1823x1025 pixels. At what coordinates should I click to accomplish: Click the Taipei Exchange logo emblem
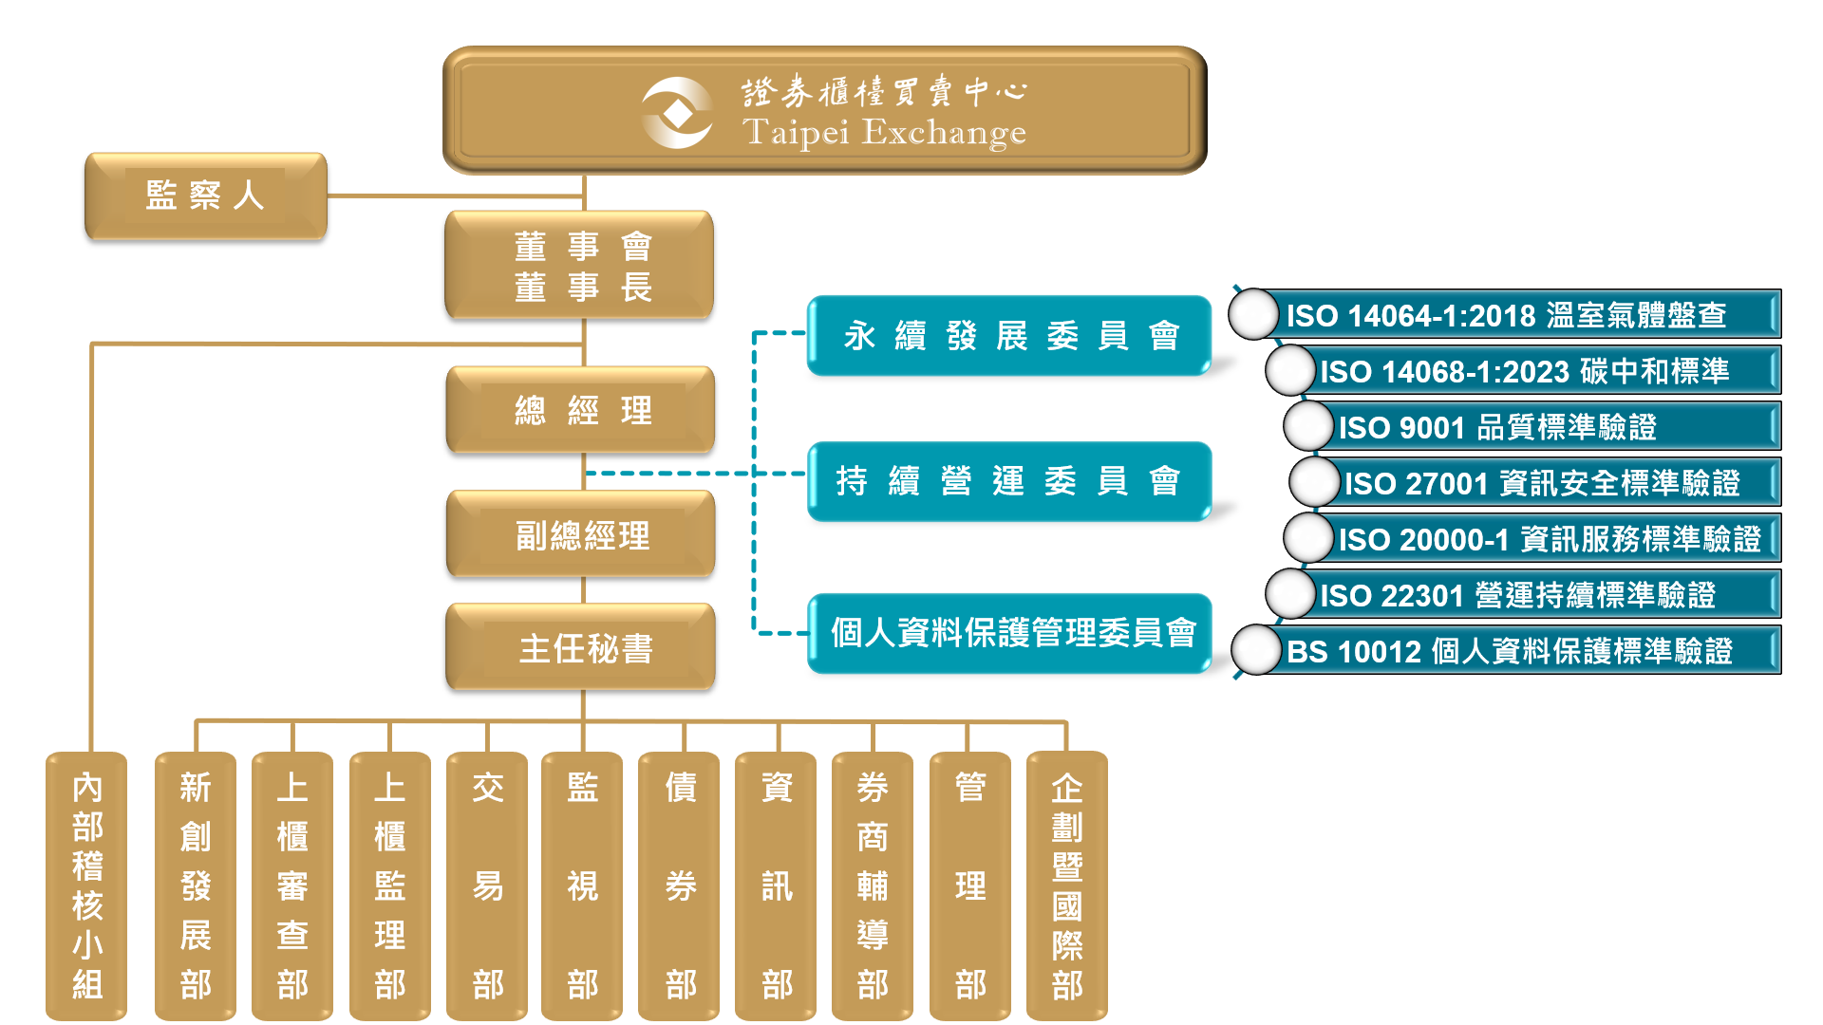point(677,113)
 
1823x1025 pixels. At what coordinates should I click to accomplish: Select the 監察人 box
point(205,196)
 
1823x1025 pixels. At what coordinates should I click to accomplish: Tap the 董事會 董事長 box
point(580,266)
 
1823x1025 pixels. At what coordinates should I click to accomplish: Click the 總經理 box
point(580,410)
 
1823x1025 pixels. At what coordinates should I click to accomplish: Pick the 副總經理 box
point(580,534)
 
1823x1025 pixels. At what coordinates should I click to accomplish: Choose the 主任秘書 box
point(580,647)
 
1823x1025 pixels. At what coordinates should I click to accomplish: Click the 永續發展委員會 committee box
point(1009,335)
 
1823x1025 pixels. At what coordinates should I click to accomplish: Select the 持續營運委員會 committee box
point(1009,481)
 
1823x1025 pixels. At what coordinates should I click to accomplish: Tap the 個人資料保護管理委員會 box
point(1009,633)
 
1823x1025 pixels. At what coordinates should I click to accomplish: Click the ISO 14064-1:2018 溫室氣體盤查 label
point(1507,315)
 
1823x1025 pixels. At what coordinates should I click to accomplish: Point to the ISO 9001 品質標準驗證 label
point(1497,427)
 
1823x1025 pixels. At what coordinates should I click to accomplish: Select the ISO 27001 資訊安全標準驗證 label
point(1542,483)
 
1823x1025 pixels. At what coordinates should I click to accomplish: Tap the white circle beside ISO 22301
point(1289,594)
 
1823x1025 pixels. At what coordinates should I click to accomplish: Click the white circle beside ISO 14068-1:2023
point(1289,370)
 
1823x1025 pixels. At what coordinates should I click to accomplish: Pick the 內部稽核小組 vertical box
point(86,885)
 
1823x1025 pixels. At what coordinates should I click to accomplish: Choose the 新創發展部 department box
point(196,885)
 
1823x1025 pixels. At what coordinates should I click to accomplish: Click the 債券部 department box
point(680,885)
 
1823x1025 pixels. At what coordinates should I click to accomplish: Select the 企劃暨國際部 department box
point(1067,885)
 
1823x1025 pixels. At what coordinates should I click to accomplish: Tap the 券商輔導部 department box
point(873,885)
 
